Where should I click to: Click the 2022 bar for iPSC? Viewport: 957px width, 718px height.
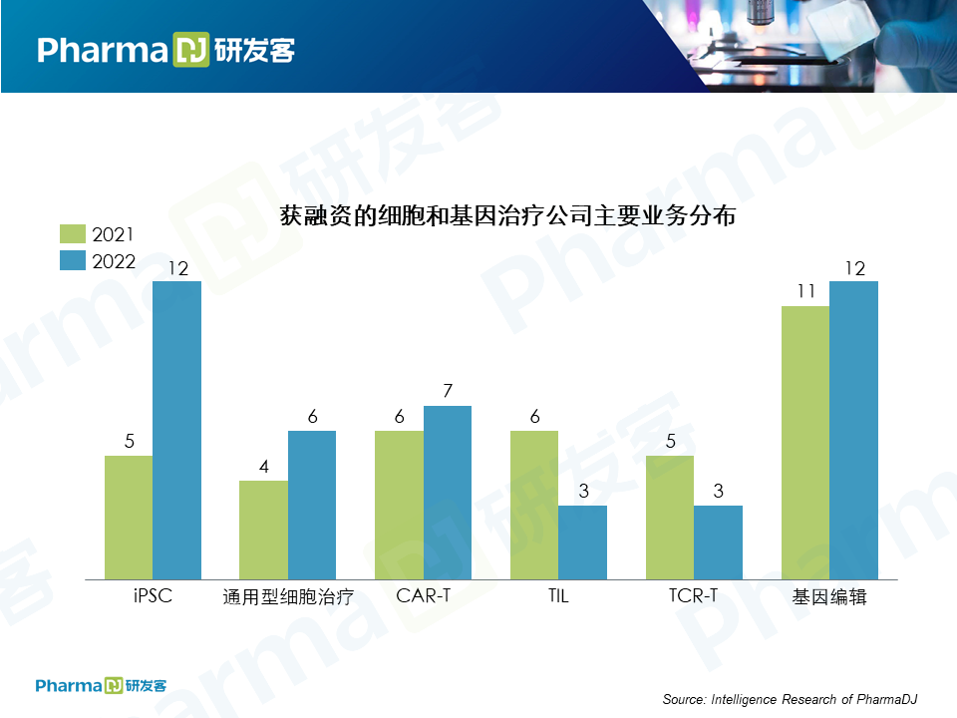[x=176, y=430]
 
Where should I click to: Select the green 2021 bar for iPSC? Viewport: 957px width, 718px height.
[x=129, y=518]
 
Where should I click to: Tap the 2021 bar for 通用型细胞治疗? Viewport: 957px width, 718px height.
[x=263, y=530]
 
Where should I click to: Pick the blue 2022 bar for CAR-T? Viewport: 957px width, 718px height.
[x=448, y=493]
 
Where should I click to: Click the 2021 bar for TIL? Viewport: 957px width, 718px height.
[x=534, y=505]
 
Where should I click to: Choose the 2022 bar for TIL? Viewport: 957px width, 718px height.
[x=582, y=542]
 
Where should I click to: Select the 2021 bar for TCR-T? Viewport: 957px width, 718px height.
[x=670, y=518]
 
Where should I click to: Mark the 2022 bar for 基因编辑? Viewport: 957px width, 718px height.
[x=853, y=430]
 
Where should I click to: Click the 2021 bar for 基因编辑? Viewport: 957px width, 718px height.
[x=805, y=443]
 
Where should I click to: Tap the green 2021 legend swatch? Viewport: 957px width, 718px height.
[x=73, y=234]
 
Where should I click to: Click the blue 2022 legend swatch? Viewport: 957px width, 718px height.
[x=73, y=261]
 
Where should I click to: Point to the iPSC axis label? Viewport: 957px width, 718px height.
[x=153, y=597]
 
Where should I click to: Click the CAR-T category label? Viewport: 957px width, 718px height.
[x=423, y=597]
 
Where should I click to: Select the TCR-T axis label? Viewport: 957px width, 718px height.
[x=694, y=597]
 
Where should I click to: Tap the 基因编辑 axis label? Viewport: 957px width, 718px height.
[x=829, y=597]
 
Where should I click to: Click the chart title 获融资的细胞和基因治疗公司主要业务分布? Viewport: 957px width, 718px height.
[x=507, y=214]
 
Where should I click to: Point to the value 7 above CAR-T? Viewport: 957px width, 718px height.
[x=448, y=391]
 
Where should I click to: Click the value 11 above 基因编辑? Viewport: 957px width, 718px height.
[x=805, y=292]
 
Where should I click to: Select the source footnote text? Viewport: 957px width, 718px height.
[x=790, y=699]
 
